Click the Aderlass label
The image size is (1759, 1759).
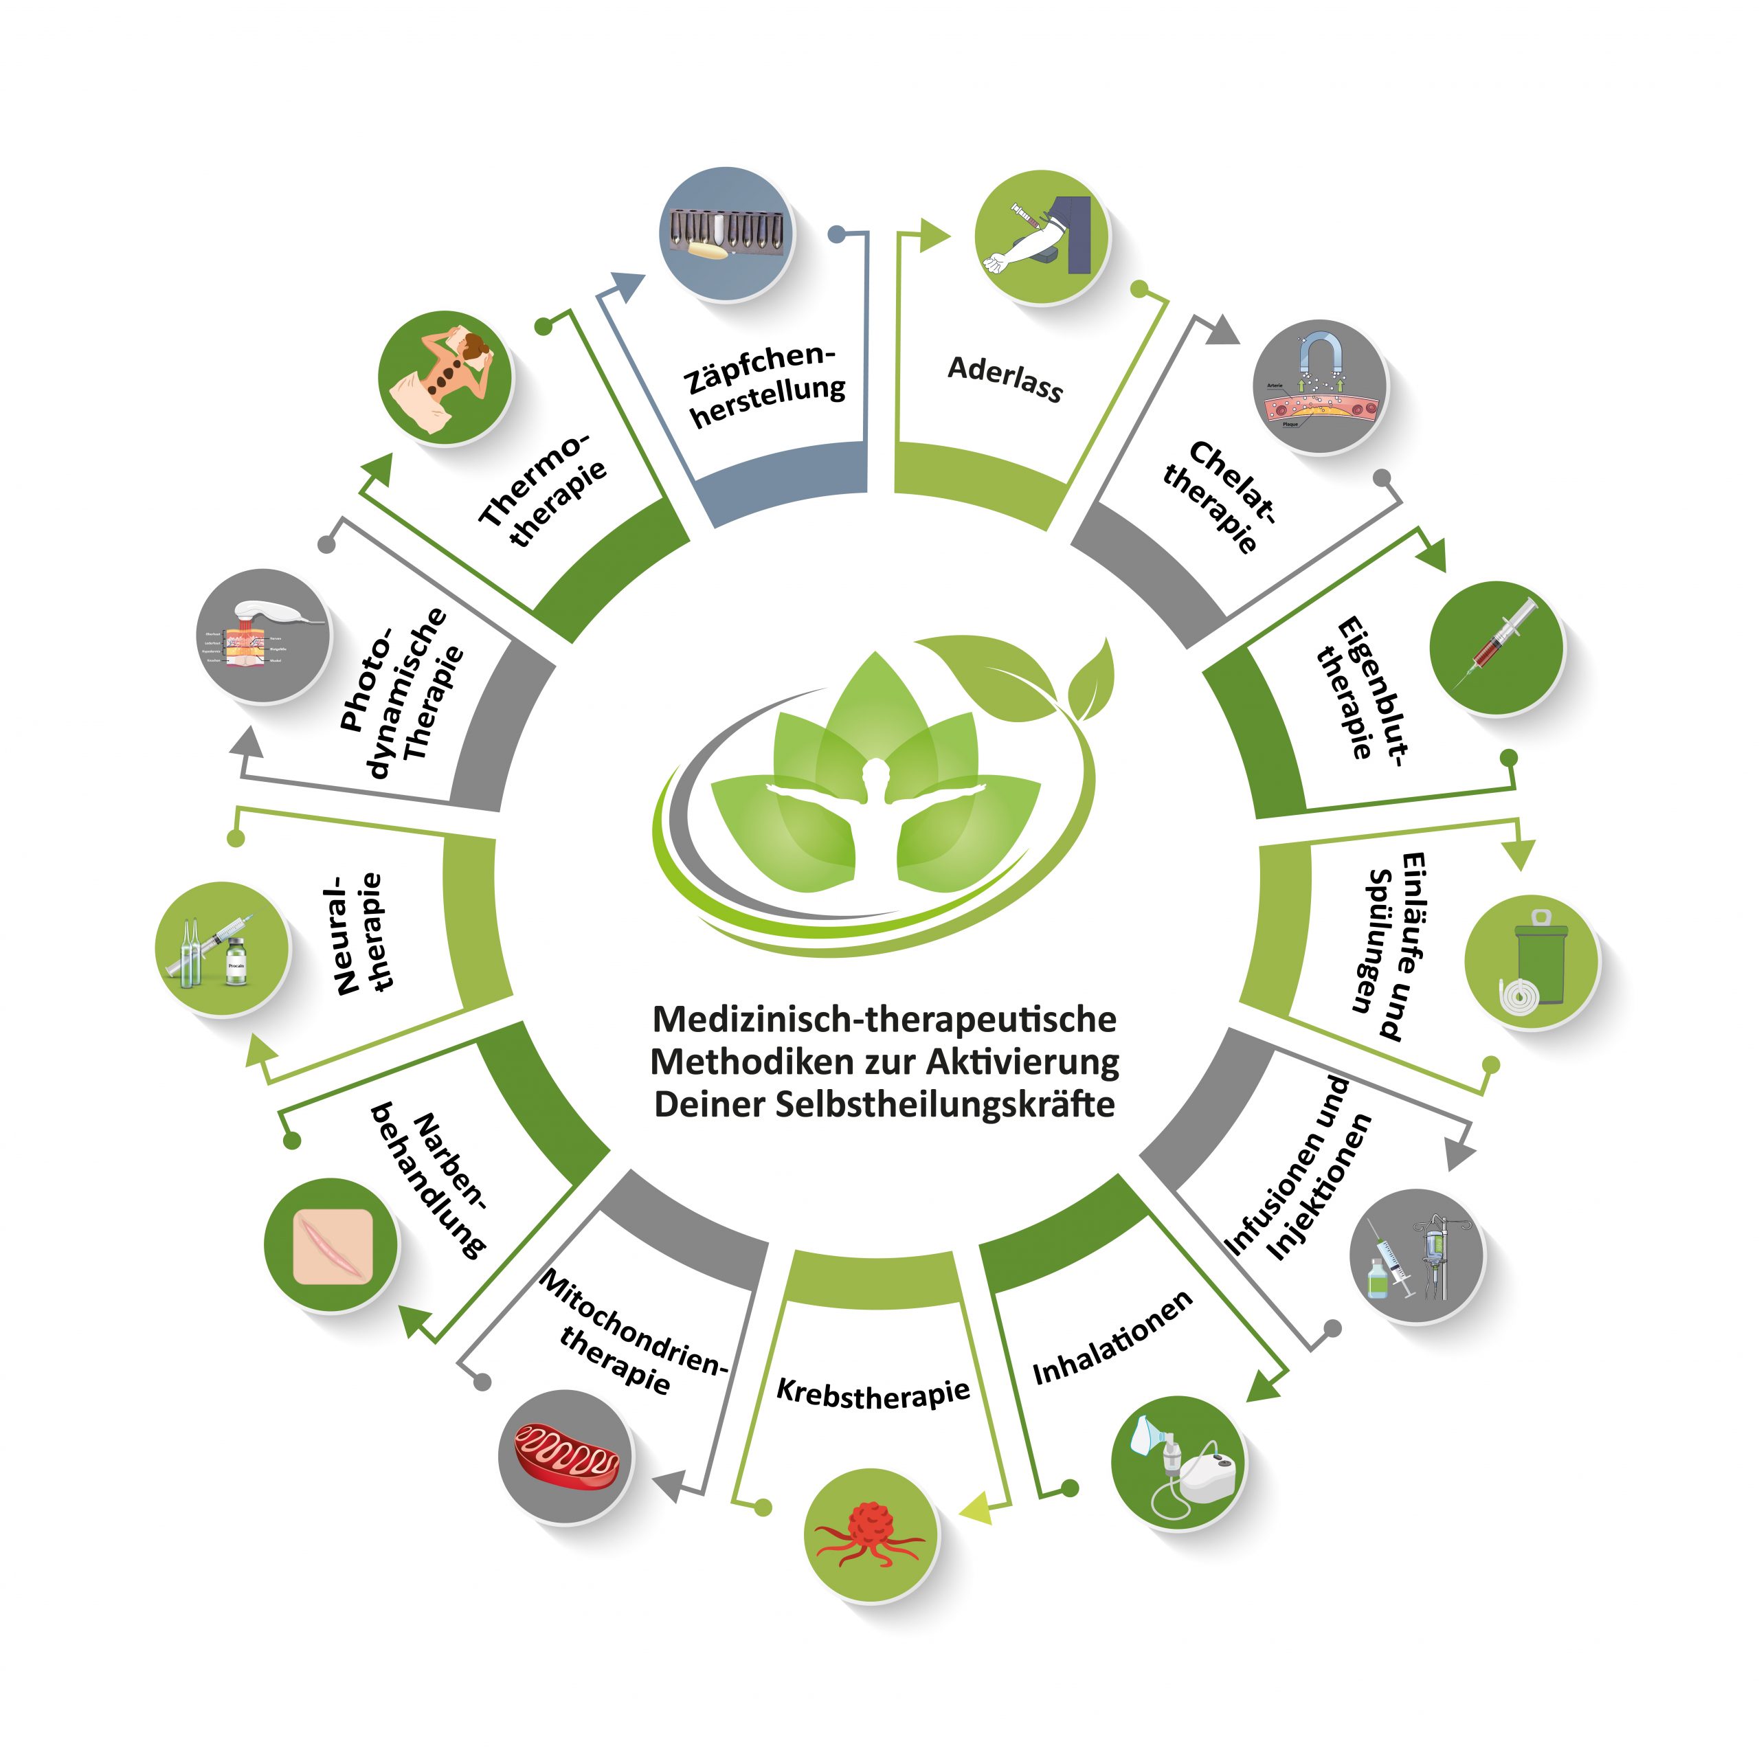[x=1005, y=378]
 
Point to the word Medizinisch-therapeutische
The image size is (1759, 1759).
[x=884, y=1019]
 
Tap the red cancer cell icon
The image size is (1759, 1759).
[x=871, y=1533]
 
